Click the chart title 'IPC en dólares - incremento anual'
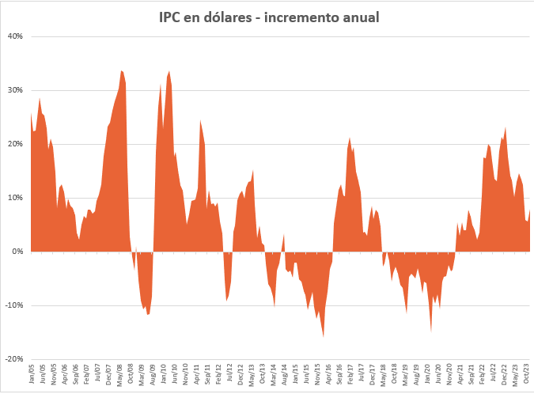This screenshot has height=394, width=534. point(267,17)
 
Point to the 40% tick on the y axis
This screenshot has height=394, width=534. point(16,36)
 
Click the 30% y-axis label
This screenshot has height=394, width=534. point(16,90)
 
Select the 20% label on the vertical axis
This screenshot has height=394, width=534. point(16,144)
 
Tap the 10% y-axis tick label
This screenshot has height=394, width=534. point(16,198)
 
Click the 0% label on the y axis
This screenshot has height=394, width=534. point(18,252)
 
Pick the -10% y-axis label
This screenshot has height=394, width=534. point(14,305)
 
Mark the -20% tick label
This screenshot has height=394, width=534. point(14,358)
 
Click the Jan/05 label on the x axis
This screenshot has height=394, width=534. point(32,373)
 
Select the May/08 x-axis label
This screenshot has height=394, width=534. point(119,373)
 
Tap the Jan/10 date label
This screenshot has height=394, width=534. point(164,373)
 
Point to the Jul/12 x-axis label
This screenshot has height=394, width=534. point(229,373)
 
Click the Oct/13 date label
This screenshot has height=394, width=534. point(263,373)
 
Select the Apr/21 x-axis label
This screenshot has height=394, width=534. point(460,373)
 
